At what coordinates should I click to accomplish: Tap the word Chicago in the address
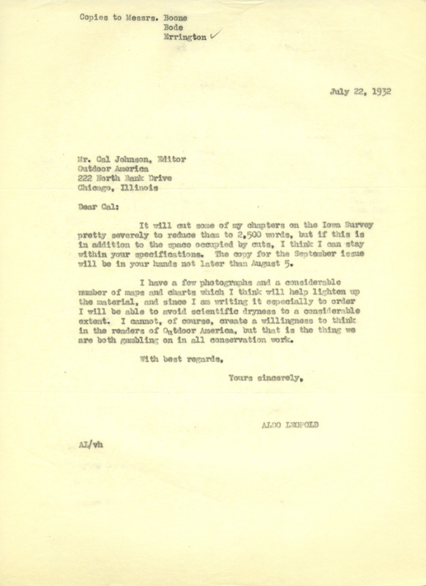(97, 187)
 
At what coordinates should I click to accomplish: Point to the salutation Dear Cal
(96, 208)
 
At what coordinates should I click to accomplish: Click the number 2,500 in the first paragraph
(223, 241)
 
